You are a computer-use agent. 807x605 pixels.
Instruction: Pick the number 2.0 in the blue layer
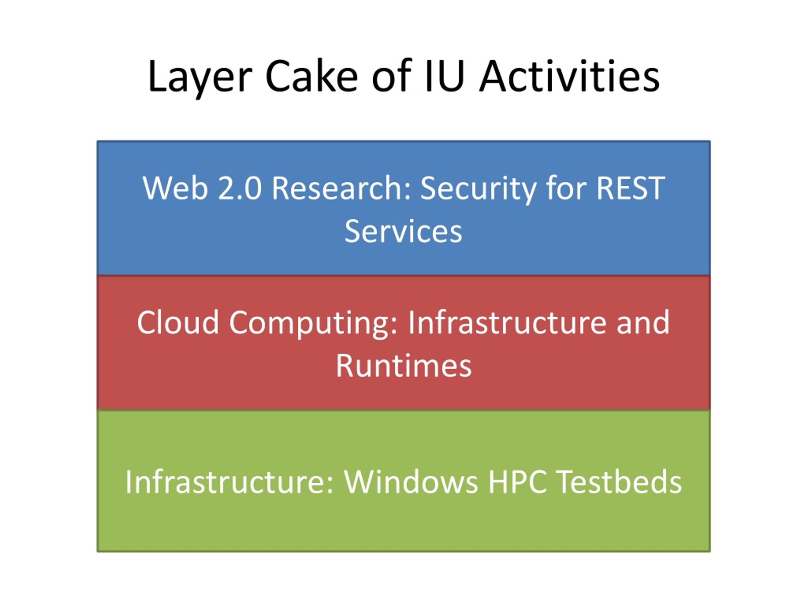click(240, 188)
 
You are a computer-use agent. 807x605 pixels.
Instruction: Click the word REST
click(631, 188)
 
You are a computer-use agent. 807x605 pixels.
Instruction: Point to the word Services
click(403, 231)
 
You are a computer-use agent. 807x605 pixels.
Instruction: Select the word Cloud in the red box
click(178, 322)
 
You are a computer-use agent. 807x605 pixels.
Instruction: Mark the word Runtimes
click(403, 366)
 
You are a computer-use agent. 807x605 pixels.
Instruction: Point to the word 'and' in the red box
click(643, 322)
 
